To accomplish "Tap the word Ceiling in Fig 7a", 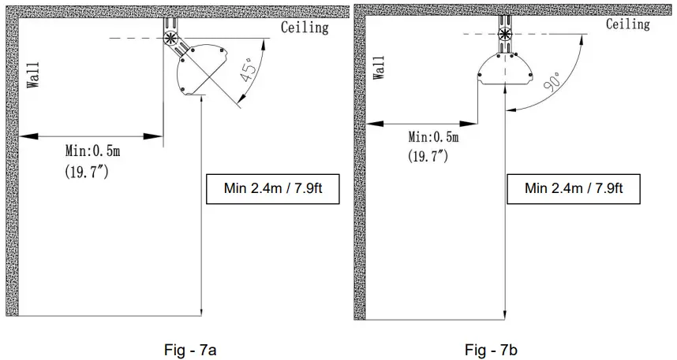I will click(x=305, y=28).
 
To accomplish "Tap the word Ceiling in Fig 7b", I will click(x=627, y=24).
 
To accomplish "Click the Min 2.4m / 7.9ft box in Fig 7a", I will click(x=271, y=187).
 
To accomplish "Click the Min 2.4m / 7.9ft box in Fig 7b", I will click(x=574, y=187).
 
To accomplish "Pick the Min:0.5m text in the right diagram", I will click(x=432, y=137).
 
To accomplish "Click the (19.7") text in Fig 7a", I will click(x=87, y=169).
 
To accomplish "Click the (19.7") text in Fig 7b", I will click(x=428, y=155).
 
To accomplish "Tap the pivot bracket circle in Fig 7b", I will click(x=504, y=34).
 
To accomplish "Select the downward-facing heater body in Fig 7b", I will click(x=505, y=70).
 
